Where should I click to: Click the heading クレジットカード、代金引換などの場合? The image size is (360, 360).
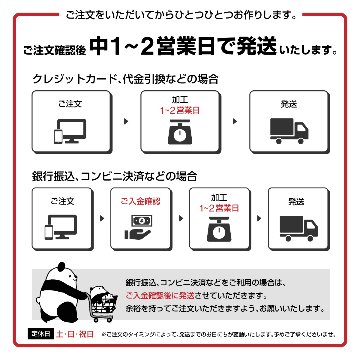pyautogui.click(x=127, y=77)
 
